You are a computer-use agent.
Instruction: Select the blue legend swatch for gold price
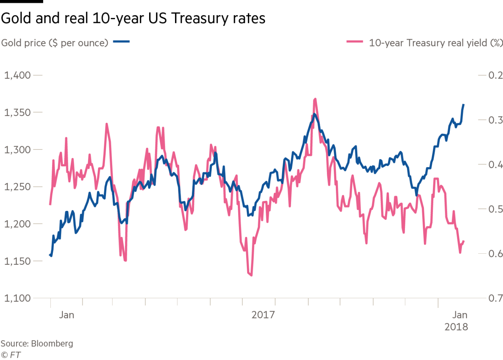(121, 42)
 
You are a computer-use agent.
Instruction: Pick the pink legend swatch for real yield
(355, 42)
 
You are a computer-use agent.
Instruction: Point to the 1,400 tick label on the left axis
(17, 75)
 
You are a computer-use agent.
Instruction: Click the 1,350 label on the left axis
(17, 112)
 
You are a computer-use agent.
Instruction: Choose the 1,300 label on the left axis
(17, 150)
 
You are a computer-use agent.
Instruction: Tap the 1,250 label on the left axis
(17, 187)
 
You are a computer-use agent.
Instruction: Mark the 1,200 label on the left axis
(17, 224)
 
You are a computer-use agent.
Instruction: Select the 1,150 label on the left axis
(17, 261)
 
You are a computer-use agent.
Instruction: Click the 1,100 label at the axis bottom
(17, 298)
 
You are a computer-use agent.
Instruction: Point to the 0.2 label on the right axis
(495, 75)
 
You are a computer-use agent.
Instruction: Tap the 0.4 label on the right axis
(495, 165)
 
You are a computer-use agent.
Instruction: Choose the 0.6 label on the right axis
(495, 254)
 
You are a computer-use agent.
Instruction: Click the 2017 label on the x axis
(263, 315)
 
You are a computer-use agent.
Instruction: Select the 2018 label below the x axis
(456, 327)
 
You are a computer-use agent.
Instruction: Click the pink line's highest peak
(315, 98)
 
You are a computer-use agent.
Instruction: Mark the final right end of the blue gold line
(464, 105)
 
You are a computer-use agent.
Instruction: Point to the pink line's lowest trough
(251, 275)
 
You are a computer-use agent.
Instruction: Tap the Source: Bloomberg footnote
(37, 344)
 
